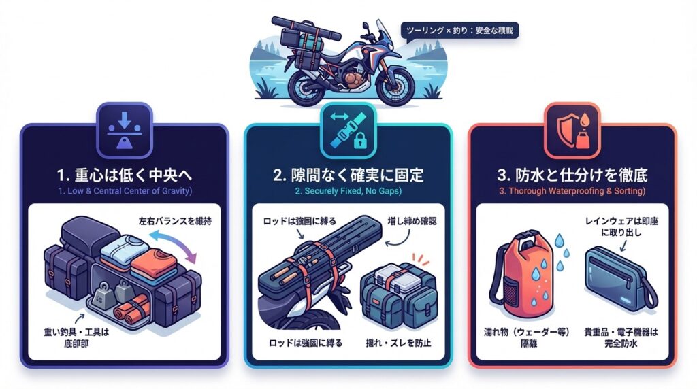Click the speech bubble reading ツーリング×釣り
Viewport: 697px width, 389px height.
tap(459, 31)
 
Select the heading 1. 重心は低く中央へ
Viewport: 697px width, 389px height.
tap(125, 175)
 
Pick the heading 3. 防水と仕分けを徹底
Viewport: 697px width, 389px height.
tap(572, 175)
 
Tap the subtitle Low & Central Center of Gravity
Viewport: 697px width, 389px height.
tap(125, 191)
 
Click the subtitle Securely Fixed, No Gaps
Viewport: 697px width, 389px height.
tap(348, 191)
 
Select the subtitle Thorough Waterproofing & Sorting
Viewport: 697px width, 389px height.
tap(572, 191)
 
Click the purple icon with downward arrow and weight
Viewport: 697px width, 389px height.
tap(125, 130)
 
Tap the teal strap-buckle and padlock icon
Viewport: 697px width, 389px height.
tap(348, 130)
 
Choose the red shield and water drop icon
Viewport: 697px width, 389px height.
tap(572, 130)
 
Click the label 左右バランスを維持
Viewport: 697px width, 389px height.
tap(175, 221)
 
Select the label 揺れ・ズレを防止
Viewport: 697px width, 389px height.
tap(398, 342)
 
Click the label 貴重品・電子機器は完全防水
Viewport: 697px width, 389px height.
tap(621, 337)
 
